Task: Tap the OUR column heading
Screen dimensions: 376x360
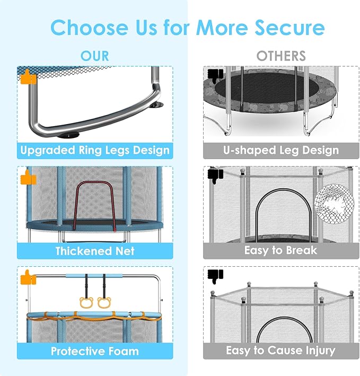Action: pos(95,56)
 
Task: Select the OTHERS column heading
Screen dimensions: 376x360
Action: pos(281,56)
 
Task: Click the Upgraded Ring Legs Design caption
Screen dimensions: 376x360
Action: pos(95,150)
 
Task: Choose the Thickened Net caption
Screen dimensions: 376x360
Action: pos(95,250)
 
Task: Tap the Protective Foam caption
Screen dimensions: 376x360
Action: pos(95,351)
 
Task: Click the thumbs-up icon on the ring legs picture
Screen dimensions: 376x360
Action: pos(27,77)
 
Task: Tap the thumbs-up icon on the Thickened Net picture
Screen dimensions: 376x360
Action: pos(28,178)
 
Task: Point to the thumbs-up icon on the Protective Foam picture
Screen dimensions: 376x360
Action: pos(28,277)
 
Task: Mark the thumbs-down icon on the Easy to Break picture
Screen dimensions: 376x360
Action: pos(215,174)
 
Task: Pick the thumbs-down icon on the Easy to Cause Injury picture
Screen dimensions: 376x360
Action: pos(215,275)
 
